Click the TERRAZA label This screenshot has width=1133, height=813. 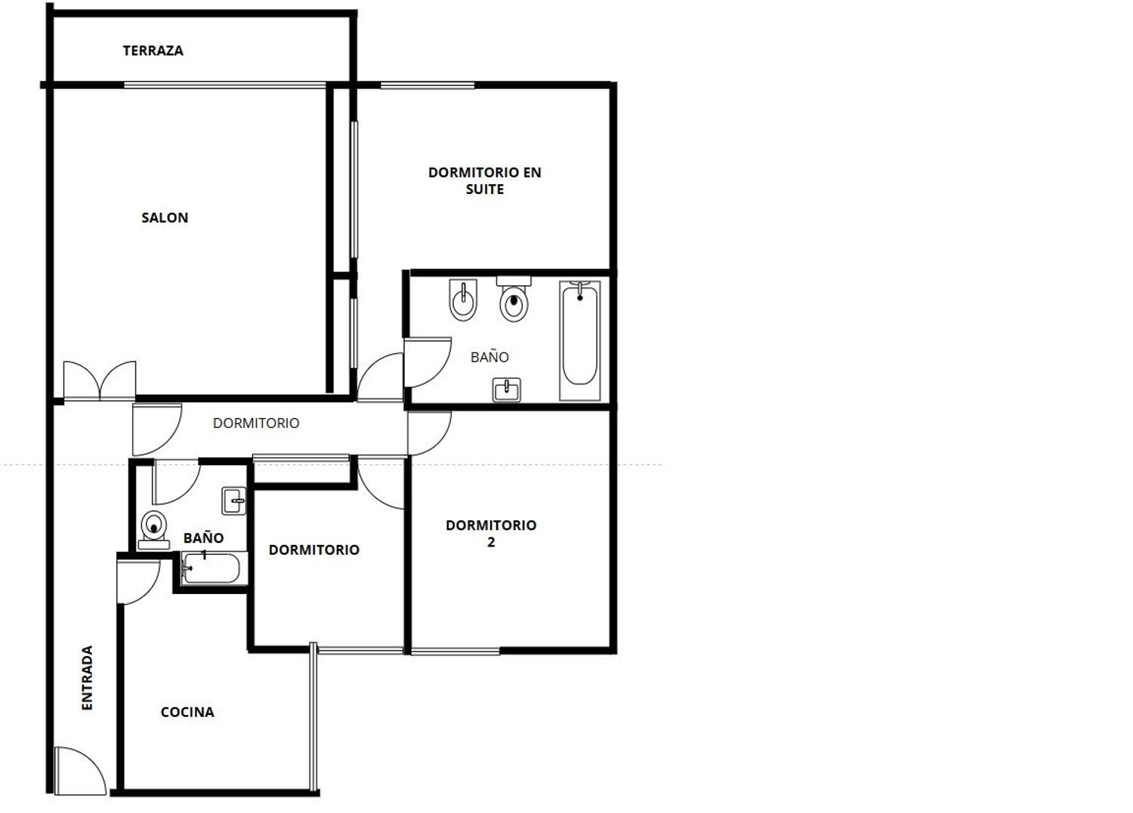click(x=153, y=51)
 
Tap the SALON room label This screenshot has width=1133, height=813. click(x=165, y=218)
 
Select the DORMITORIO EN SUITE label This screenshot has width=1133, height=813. click(x=485, y=180)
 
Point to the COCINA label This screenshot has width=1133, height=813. click(x=187, y=713)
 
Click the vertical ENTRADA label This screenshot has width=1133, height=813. click(x=87, y=678)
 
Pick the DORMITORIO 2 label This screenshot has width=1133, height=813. click(x=491, y=534)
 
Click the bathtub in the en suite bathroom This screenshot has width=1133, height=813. click(x=579, y=341)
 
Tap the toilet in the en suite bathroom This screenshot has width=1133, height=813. click(x=514, y=299)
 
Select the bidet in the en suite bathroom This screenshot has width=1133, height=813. click(x=463, y=300)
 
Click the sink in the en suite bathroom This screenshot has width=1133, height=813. click(x=506, y=390)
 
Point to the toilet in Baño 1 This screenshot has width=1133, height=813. click(x=154, y=530)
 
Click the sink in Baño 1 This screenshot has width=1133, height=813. click(x=233, y=500)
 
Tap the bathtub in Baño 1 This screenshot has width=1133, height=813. click(x=211, y=568)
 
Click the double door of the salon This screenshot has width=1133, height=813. click(x=100, y=381)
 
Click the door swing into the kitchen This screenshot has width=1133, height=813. click(x=138, y=581)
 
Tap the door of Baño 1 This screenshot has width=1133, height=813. click(x=176, y=482)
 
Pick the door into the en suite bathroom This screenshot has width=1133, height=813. click(x=427, y=362)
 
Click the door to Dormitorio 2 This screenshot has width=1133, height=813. click(x=429, y=433)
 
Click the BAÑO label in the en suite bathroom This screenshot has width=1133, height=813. click(x=489, y=358)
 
